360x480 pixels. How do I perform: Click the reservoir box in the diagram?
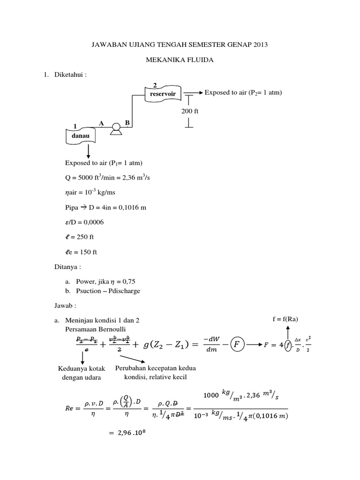(x=163, y=94)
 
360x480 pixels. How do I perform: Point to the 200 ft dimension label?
(x=190, y=111)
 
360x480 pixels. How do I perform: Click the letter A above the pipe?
(x=101, y=123)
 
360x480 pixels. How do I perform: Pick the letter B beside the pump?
(x=127, y=123)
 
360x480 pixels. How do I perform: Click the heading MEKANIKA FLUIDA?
(x=180, y=60)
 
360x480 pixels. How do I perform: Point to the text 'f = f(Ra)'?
(x=285, y=319)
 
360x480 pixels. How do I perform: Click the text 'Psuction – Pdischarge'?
(x=104, y=291)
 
